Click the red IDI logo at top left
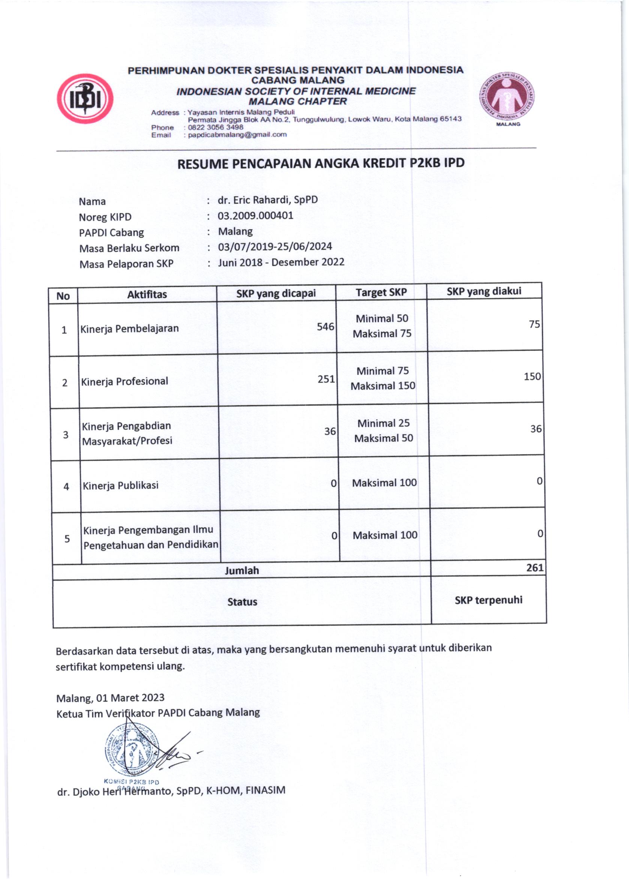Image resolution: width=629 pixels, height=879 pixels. point(85,99)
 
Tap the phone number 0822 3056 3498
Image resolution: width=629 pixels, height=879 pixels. point(215,127)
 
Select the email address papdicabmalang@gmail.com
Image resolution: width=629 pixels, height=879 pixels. point(237,134)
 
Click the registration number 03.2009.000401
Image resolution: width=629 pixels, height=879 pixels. point(255,215)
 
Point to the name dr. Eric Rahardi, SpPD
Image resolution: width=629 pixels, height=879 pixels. point(268,200)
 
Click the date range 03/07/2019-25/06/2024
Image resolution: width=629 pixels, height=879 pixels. point(275,246)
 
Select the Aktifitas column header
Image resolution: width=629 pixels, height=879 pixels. point(147,295)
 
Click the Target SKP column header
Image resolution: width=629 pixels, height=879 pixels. point(381,293)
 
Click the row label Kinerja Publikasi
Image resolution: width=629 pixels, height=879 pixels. point(120,485)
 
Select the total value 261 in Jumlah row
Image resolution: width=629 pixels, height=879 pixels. point(535,568)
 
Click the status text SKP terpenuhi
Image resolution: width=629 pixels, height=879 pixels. point(488,600)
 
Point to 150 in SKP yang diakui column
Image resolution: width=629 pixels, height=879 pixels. point(532,377)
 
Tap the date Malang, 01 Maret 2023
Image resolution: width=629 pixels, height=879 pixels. point(110,698)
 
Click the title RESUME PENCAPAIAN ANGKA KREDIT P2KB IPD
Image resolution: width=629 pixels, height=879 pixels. point(321,164)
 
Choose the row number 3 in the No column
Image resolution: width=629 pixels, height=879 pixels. point(66,435)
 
